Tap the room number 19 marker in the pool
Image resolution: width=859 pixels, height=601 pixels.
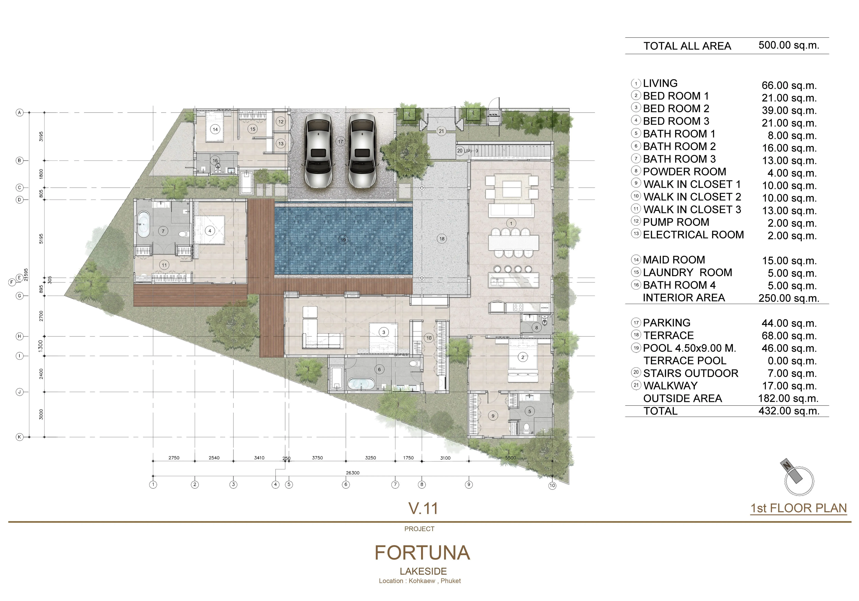(x=343, y=240)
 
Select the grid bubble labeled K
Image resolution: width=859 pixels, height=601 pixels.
(x=19, y=437)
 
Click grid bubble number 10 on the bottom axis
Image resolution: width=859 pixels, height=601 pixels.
(x=552, y=486)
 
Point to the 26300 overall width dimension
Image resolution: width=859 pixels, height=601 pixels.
(x=352, y=473)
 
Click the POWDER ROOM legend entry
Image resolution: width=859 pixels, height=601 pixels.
(x=684, y=172)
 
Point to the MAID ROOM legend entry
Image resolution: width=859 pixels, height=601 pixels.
(x=674, y=260)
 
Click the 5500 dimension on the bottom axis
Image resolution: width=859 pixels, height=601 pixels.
(x=510, y=458)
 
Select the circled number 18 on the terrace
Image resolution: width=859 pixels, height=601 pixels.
(x=442, y=239)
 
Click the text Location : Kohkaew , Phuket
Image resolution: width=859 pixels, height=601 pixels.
(x=420, y=581)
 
